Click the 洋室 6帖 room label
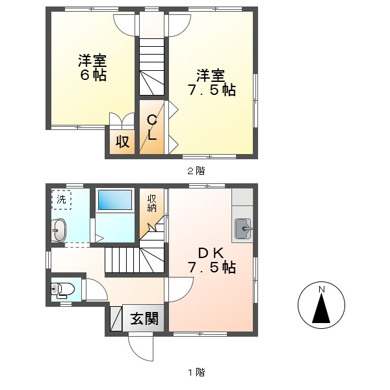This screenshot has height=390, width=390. (92, 68)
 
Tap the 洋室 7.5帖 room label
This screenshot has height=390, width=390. (212, 83)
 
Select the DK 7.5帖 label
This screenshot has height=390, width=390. (212, 259)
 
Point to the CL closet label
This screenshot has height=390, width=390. (151, 128)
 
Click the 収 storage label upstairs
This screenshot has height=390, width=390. (122, 141)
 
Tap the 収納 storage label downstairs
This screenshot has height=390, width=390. (151, 203)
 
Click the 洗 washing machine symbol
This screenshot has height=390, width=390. (61, 200)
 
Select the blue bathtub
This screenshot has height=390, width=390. (115, 200)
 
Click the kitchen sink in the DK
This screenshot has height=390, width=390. (243, 227)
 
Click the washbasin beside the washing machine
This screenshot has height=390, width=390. (58, 230)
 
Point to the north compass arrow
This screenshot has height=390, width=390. (320, 309)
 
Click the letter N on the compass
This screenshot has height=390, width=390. (320, 290)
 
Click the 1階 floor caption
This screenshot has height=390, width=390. (196, 372)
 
